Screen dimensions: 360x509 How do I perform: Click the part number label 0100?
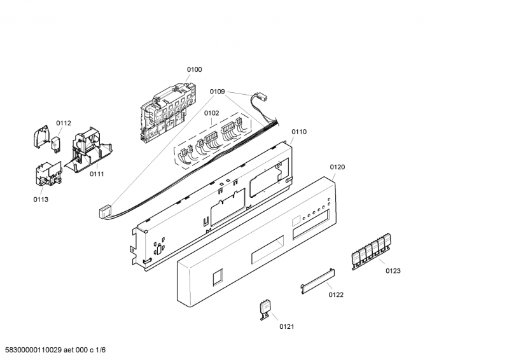click(194, 69)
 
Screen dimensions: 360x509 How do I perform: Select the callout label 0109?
click(217, 92)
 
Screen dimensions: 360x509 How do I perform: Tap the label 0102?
click(211, 113)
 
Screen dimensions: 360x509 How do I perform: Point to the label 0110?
click(299, 132)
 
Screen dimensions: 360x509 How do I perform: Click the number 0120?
click(337, 167)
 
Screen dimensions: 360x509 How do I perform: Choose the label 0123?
click(393, 271)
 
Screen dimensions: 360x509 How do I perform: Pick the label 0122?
click(335, 294)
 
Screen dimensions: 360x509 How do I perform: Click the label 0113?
click(41, 199)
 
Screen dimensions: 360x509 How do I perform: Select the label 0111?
click(97, 174)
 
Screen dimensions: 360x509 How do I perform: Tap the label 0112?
click(64, 123)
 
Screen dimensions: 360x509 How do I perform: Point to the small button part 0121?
click(264, 308)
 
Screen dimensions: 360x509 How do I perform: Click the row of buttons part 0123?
click(372, 249)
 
